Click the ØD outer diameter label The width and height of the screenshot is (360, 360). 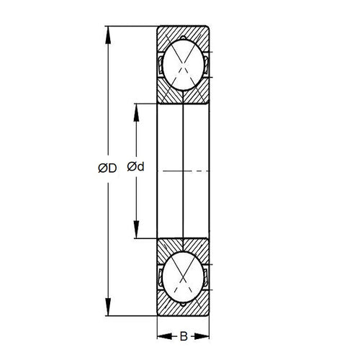tap(107, 168)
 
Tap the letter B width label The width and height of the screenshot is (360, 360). tap(184, 335)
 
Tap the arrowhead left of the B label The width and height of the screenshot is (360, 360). tap(162, 335)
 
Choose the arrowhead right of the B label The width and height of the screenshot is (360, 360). tap(205, 335)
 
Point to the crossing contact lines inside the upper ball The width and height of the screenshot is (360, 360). tap(184, 68)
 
